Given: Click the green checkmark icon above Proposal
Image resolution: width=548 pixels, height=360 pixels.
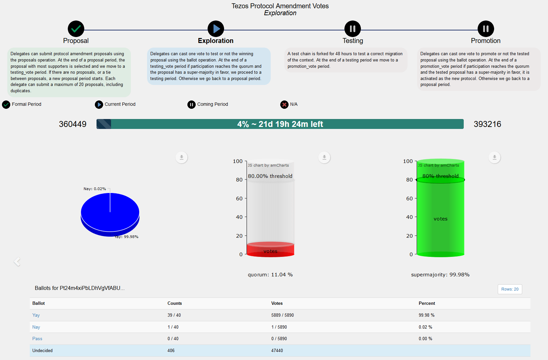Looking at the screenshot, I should pos(76,29).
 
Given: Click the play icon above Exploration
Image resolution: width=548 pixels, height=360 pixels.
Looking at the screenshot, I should pos(216,29).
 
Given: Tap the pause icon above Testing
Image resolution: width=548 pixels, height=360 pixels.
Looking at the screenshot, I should pos(353,29).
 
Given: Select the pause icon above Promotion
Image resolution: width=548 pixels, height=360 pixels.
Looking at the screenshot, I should pos(486,29).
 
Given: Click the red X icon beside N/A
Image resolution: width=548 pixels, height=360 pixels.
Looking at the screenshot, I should pos(284,104).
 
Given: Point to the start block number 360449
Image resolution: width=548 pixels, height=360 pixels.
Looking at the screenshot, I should pos(72,124).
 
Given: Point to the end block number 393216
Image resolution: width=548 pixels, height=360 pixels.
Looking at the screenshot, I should pos(487,124).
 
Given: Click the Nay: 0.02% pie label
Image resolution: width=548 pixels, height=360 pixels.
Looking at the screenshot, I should pos(95,189).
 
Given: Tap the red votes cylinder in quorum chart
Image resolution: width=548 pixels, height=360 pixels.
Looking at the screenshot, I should pos(270,250).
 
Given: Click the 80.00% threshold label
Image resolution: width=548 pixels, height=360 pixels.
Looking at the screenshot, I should pos(270,176).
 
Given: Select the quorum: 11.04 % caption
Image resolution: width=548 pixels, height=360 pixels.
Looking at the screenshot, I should pos(270,275).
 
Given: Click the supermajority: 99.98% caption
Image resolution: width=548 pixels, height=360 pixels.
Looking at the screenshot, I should pos(440,275).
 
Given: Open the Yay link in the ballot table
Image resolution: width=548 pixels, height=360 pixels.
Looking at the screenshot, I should pos(36,315).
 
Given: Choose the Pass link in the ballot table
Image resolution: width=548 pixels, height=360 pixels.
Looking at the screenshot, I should pos(37,339).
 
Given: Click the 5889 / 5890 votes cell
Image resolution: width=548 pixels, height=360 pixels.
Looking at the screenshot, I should pos(282,315).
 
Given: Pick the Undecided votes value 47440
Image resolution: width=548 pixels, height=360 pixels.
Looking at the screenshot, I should pos(277,350).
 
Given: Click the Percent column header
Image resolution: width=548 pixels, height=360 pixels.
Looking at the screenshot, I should pos(427,303).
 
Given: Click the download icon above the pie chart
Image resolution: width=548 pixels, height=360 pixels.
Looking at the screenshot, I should pos(181,157).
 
